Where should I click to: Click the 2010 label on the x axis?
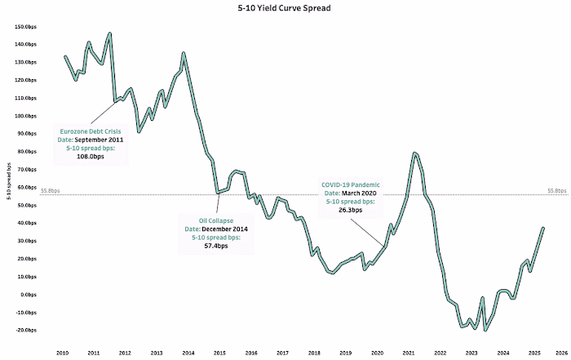[61, 352]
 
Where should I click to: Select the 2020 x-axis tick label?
[377, 352]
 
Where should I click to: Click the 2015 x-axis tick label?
[219, 352]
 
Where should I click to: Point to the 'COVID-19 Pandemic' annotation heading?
[352, 184]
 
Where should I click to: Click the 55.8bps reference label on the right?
[557, 190]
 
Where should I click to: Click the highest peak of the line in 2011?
[109, 34]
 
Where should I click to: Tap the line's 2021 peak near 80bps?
[415, 153]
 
